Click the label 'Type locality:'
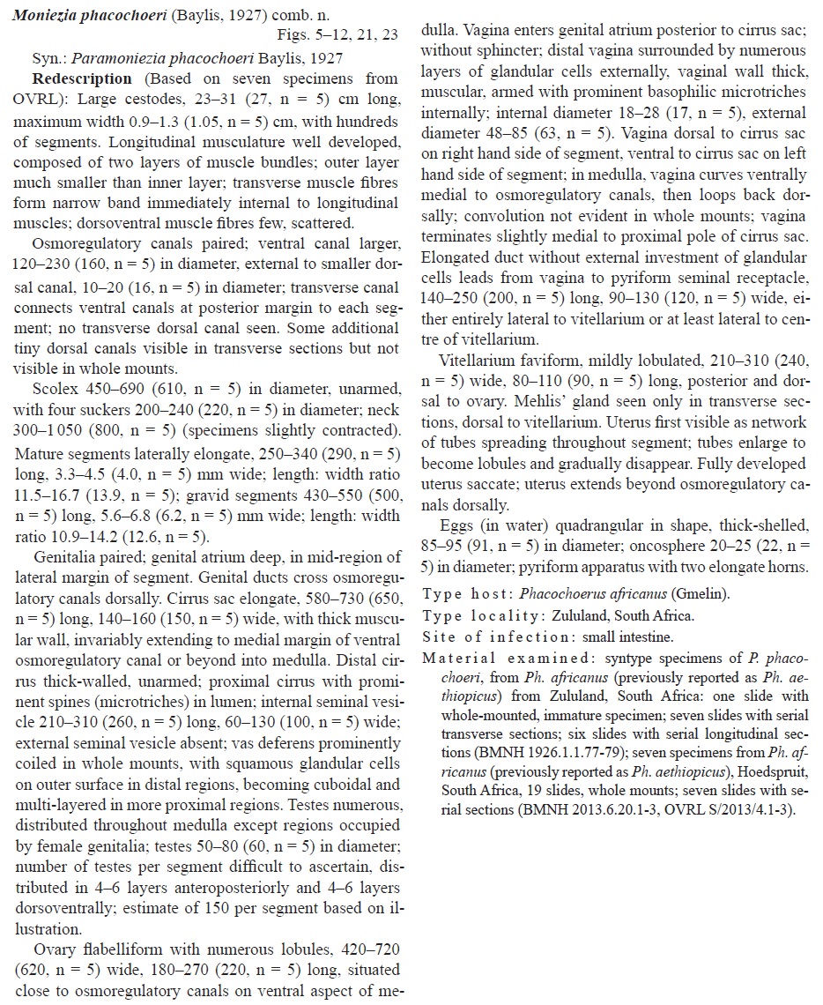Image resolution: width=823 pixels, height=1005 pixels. click(477, 615)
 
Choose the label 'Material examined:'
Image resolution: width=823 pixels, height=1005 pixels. click(492, 659)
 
